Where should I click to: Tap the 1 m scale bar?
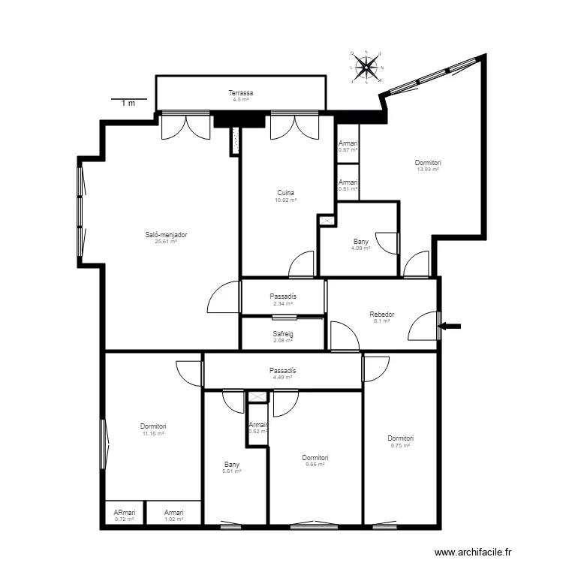coord(128,100)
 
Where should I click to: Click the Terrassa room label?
coord(241,93)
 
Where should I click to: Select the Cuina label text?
coord(285,193)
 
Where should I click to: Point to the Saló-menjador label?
coord(166,235)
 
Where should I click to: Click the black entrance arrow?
coord(452,326)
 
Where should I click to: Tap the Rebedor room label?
coord(382,315)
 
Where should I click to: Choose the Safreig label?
coord(282,335)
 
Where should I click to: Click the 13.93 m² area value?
coord(428,170)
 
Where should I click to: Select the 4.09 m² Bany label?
coord(361,242)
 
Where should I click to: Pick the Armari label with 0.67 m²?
coord(348,143)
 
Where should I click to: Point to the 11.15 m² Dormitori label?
coord(153,427)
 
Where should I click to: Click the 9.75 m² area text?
coord(401,446)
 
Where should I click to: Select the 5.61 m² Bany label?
coord(232,465)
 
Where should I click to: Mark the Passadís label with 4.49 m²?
coord(282,371)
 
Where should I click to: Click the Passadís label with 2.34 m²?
coord(282,297)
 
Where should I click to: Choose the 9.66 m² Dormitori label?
coord(315,458)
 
